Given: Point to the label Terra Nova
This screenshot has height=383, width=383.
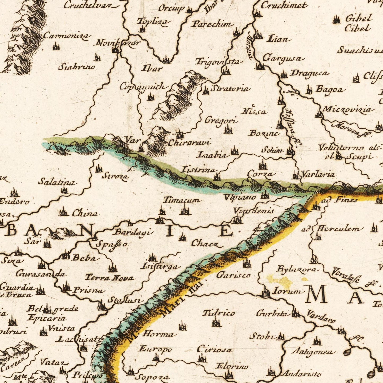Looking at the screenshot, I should [109, 278].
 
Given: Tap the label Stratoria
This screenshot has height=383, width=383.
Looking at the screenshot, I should [230, 89].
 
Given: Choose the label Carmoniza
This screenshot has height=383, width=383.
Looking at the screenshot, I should [67, 36].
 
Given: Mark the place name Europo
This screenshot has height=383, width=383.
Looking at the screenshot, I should [155, 349].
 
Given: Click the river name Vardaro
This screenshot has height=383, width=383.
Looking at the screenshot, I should [320, 316].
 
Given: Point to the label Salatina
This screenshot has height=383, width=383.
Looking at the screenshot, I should [57, 182].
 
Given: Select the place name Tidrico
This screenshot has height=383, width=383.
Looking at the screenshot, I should [219, 313].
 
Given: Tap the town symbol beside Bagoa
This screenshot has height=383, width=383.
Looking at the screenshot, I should [309, 90].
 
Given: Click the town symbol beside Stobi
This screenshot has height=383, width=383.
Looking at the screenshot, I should [280, 337].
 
